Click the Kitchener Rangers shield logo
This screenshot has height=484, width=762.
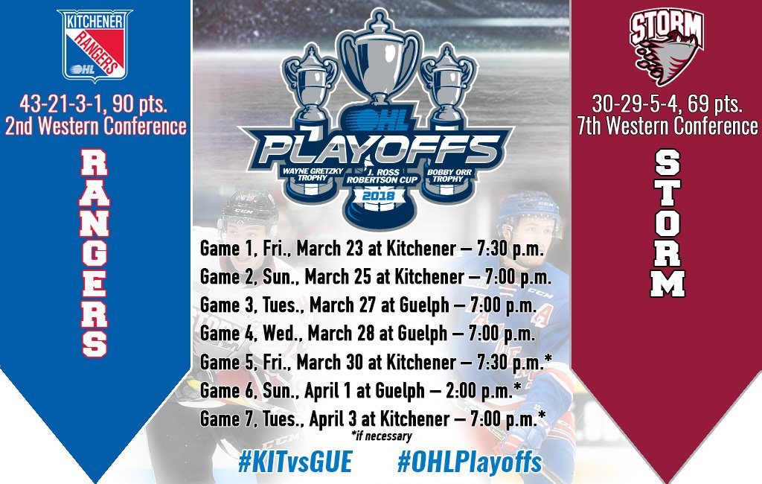95,45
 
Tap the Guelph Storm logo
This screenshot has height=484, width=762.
667,46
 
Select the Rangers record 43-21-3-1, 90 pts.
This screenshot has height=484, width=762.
93,104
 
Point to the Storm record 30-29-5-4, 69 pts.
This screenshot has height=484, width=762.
667,104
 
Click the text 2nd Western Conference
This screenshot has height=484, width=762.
96,126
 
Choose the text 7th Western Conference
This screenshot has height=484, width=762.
667,126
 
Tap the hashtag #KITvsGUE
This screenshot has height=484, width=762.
295,462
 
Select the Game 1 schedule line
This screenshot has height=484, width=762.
371,249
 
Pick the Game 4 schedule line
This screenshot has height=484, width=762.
368,334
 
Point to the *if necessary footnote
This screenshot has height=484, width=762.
381,436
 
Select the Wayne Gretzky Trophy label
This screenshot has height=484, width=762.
313,174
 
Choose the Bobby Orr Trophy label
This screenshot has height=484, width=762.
448,175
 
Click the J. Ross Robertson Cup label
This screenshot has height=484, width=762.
382,176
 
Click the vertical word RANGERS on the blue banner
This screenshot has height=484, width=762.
94,253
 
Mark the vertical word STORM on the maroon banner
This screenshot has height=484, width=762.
667,223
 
